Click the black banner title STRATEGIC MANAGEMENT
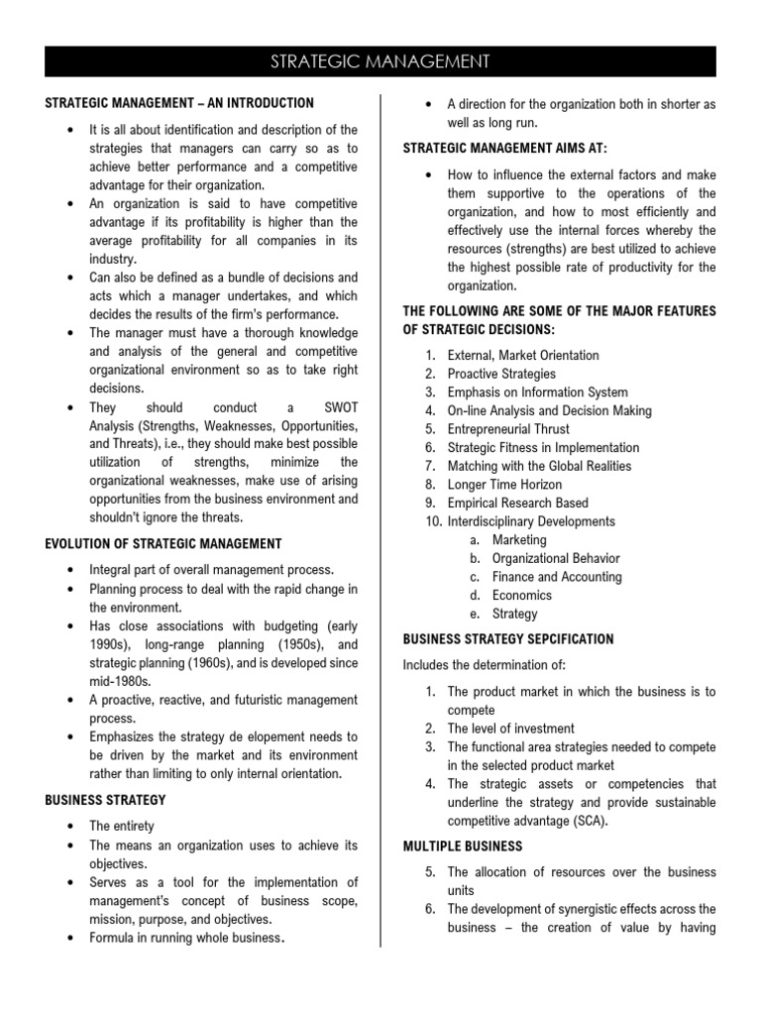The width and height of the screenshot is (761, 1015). (380, 62)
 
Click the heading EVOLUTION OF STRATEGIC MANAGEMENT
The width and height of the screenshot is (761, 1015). (163, 543)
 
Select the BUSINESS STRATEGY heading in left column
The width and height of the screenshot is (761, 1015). (105, 799)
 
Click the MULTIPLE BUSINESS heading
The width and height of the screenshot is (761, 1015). (462, 846)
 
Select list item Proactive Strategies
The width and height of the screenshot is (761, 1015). (501, 374)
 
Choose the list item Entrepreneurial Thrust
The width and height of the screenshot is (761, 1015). (508, 429)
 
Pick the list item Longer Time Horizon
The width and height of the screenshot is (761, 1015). (504, 485)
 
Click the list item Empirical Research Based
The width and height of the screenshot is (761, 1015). (517, 503)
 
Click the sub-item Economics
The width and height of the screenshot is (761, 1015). (522, 595)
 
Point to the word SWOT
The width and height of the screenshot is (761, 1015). (336, 407)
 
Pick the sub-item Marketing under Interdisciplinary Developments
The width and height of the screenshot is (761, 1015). (519, 540)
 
